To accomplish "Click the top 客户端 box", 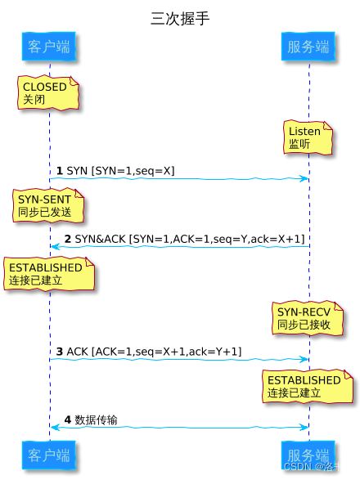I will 48,47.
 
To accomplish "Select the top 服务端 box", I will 308,47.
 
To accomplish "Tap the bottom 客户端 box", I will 48,455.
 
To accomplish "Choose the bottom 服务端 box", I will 308,455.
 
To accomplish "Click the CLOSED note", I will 49,93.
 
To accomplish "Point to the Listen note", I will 308,137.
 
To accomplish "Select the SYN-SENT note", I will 48,205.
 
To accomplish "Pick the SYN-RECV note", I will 308,317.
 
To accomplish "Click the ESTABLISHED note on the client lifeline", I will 48,274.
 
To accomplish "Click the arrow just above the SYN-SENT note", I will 178,178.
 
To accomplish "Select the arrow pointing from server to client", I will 178,246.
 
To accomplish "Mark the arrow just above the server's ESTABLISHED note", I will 178,359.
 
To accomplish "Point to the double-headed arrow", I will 178,427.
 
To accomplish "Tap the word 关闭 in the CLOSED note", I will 34,101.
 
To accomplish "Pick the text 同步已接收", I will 304,325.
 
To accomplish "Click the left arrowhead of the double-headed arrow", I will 54,427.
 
